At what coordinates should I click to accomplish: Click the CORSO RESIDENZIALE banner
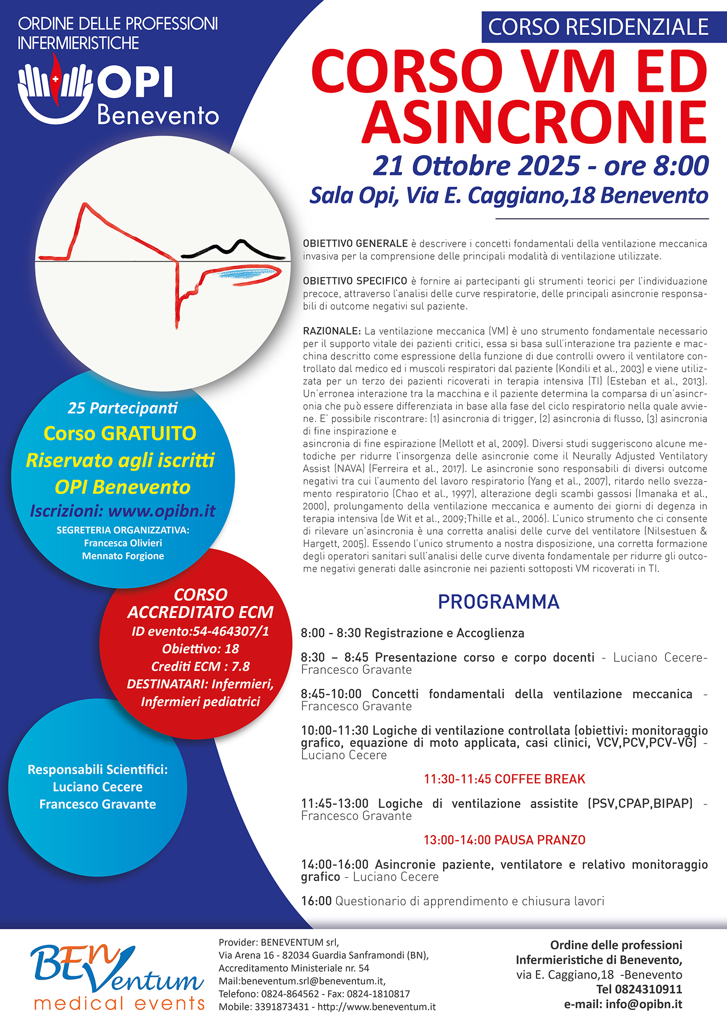click(x=598, y=27)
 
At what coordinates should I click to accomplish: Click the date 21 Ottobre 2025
click(x=476, y=166)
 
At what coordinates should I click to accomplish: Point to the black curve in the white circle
click(x=233, y=249)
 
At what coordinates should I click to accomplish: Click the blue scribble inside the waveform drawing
click(x=247, y=274)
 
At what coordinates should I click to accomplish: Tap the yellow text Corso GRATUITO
click(x=120, y=433)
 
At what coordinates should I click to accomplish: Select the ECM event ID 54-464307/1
click(x=231, y=631)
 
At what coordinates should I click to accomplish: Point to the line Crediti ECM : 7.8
click(x=200, y=666)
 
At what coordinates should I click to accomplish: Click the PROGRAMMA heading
click(x=498, y=602)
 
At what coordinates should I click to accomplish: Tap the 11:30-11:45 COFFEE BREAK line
click(x=504, y=779)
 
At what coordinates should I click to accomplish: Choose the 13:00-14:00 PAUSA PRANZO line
click(x=504, y=840)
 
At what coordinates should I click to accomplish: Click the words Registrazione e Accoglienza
click(x=444, y=633)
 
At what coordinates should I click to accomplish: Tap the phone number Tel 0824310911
click(x=639, y=989)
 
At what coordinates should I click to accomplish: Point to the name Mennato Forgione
click(x=123, y=556)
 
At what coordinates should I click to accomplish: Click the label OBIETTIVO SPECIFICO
click(x=355, y=281)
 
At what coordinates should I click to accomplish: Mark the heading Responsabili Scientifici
click(x=98, y=770)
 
